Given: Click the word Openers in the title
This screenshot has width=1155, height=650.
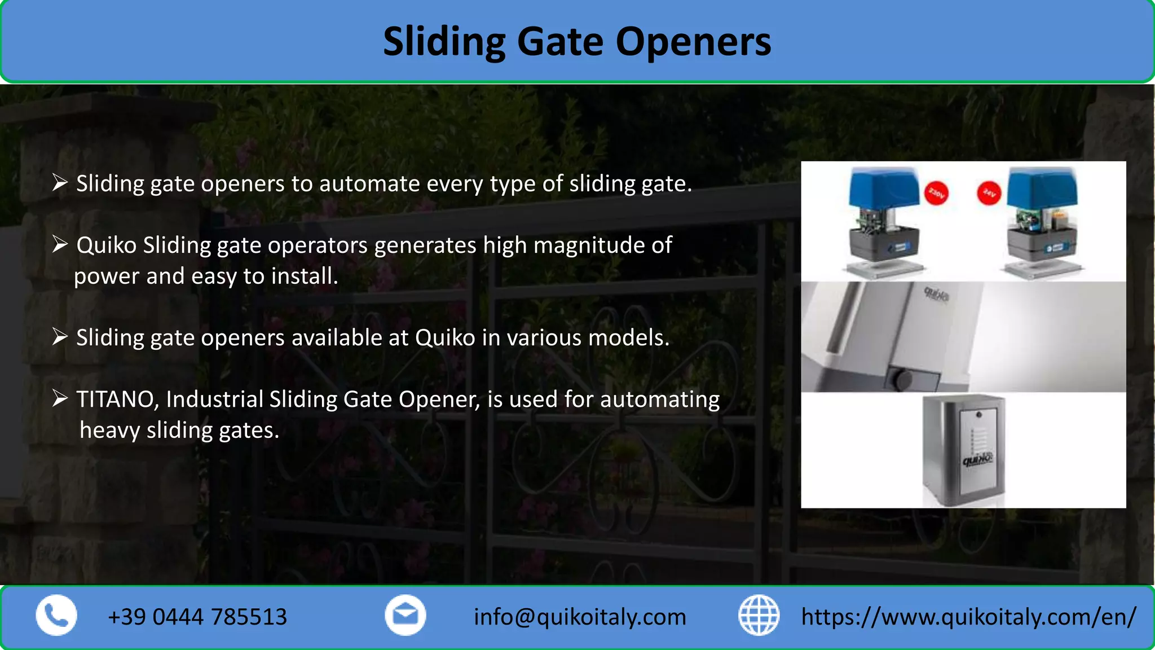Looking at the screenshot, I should pyautogui.click(x=693, y=42).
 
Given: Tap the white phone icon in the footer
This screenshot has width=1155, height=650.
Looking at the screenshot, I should pyautogui.click(x=56, y=615).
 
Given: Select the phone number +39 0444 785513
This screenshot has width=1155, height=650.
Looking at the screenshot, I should pyautogui.click(x=197, y=617).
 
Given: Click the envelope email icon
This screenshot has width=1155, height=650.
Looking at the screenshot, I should pyautogui.click(x=405, y=615).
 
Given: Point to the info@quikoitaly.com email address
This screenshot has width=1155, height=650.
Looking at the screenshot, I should pyautogui.click(x=580, y=617).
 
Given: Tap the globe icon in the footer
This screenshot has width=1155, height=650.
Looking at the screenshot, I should pyautogui.click(x=759, y=615).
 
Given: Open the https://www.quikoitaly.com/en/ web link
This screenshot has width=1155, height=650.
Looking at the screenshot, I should pyautogui.click(x=968, y=617).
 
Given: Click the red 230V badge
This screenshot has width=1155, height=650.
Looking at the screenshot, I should pyautogui.click(x=936, y=194).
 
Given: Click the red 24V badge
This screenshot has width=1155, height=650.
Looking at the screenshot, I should pyautogui.click(x=989, y=193).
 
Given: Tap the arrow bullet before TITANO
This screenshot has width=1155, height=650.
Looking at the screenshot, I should pyautogui.click(x=60, y=398).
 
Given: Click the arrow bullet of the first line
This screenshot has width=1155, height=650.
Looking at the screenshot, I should pyautogui.click(x=60, y=183).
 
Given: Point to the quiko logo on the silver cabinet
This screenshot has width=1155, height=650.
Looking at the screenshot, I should pyautogui.click(x=977, y=460).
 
